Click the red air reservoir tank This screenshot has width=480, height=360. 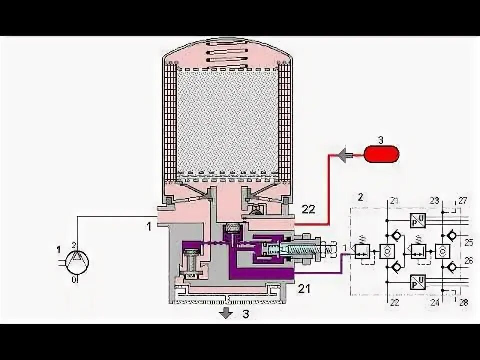tap(381, 154)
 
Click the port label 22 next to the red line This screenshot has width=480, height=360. tap(308, 209)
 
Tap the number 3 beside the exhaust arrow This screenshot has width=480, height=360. tap(245, 314)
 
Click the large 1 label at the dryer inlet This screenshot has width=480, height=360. tap(148, 226)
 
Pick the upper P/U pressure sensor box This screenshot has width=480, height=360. tap(418, 220)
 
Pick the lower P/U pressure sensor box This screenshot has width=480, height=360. tap(418, 282)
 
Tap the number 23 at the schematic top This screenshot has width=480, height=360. tap(434, 201)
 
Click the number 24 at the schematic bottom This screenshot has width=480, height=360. tap(434, 302)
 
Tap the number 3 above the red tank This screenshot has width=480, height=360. tap(380, 140)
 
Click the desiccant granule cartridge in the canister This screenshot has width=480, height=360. tap(227, 122)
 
